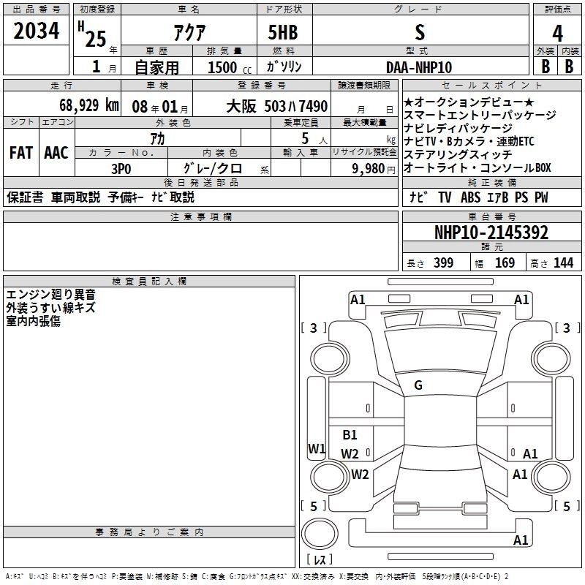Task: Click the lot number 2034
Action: coord(37,31)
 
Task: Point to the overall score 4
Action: coord(557,33)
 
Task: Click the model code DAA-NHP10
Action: coord(419,67)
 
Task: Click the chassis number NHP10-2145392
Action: coord(491,233)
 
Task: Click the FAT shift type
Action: coord(20,152)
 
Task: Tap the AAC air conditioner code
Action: coord(56,152)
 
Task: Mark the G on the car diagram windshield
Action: coord(418,385)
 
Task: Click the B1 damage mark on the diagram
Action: coord(350,434)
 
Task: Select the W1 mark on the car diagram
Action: coord(316,448)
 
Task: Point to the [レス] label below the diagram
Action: coord(319,560)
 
